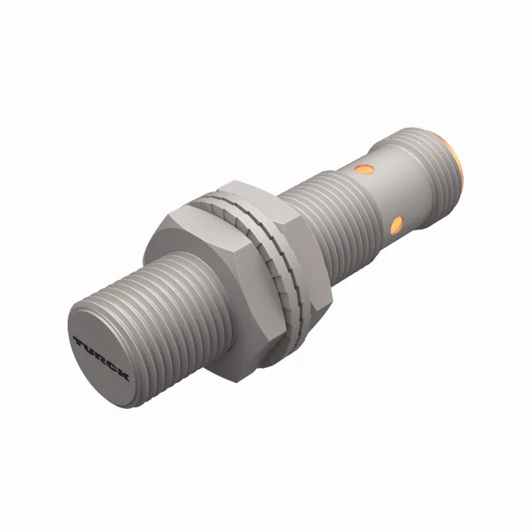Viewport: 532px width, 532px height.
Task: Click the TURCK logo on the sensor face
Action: pos(103,357)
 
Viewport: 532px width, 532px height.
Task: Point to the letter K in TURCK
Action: pos(123,375)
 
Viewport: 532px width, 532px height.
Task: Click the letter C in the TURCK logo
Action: pos(112,366)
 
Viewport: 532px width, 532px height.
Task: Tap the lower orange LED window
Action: pos(395,223)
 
